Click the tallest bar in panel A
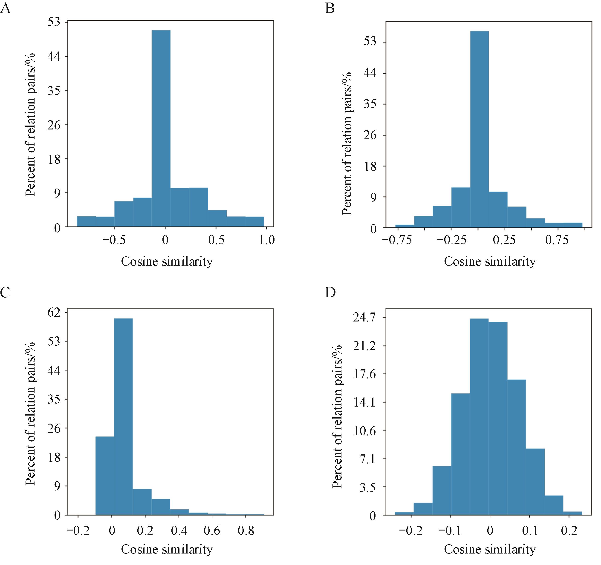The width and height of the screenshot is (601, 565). pyautogui.click(x=161, y=128)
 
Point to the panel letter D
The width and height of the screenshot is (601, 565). pyautogui.click(x=330, y=293)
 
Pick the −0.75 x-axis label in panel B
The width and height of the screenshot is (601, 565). pyautogui.click(x=397, y=241)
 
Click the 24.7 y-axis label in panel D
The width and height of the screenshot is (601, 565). pyautogui.click(x=364, y=318)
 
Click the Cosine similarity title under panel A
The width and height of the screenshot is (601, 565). pyautogui.click(x=167, y=261)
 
